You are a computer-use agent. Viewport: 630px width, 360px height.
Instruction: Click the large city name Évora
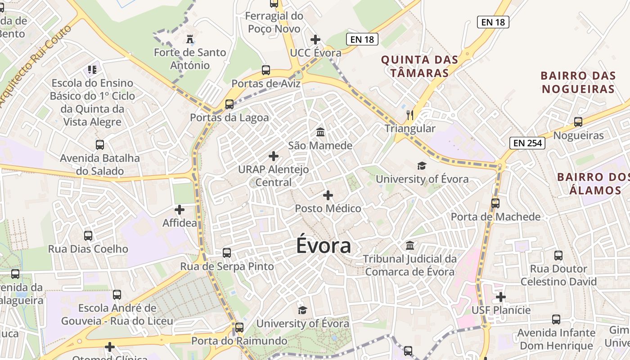click(324, 246)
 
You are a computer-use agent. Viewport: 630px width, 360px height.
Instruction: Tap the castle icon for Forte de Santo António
click(190, 39)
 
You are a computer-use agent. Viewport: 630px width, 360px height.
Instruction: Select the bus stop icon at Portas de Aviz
click(266, 70)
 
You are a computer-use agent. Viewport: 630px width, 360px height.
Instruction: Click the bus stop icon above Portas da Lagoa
click(229, 104)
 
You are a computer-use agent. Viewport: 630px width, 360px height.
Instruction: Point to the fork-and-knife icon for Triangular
click(409, 115)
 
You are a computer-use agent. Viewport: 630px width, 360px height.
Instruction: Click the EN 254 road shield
click(527, 144)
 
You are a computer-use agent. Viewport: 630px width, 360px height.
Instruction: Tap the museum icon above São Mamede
click(320, 132)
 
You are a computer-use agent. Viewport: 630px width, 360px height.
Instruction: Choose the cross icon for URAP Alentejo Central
click(273, 156)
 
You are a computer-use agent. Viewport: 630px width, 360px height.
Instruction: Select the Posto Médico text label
click(328, 208)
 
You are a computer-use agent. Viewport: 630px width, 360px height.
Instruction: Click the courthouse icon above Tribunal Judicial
click(410, 246)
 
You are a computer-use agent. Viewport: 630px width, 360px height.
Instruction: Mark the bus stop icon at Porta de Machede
click(495, 203)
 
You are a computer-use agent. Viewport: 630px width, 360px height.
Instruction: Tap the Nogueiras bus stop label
click(578, 135)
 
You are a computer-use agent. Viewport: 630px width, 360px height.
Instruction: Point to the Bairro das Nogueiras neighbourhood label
click(578, 82)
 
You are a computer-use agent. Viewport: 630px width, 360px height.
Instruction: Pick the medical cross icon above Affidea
click(180, 210)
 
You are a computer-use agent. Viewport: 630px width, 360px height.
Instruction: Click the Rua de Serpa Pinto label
click(227, 266)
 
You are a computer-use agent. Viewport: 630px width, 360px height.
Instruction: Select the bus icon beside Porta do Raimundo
click(239, 327)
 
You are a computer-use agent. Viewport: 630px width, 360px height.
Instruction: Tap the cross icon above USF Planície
click(501, 297)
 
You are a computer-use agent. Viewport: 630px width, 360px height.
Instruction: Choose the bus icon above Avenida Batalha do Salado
click(100, 145)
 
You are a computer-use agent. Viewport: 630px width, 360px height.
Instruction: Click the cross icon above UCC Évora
click(315, 40)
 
